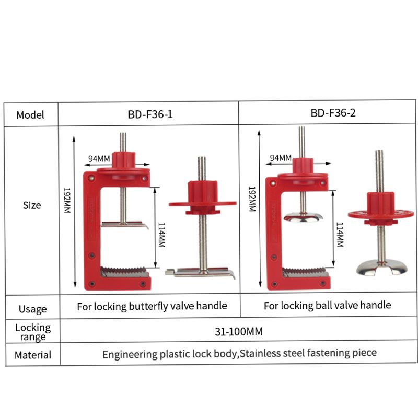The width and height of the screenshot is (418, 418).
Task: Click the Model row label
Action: (30, 115)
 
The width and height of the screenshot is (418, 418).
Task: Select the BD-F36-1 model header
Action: (150, 114)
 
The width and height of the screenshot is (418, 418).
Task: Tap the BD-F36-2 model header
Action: (333, 113)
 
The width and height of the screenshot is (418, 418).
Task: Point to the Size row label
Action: (32, 205)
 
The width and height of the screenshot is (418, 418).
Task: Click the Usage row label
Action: (33, 309)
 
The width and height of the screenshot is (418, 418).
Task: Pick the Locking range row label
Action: (33, 332)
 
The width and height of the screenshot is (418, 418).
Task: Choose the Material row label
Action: (33, 355)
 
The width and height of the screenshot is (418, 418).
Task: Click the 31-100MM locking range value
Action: (239, 331)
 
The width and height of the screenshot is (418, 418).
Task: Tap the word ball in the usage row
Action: (321, 305)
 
